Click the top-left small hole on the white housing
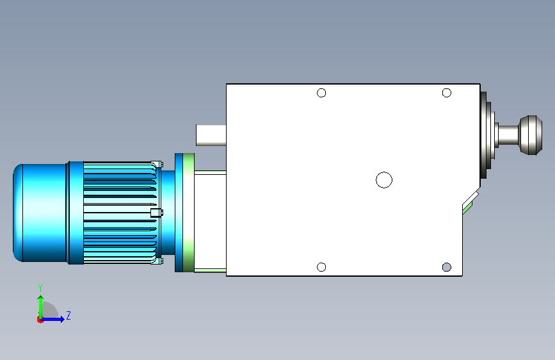(321, 93)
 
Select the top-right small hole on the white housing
(447, 93)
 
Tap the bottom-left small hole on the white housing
(321, 267)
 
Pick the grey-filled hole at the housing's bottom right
(447, 267)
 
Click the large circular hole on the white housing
(384, 180)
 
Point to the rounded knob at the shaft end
(531, 135)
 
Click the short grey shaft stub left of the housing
(211, 135)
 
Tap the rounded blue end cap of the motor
(40, 213)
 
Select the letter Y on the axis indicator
(40, 288)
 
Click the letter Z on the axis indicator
(68, 315)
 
